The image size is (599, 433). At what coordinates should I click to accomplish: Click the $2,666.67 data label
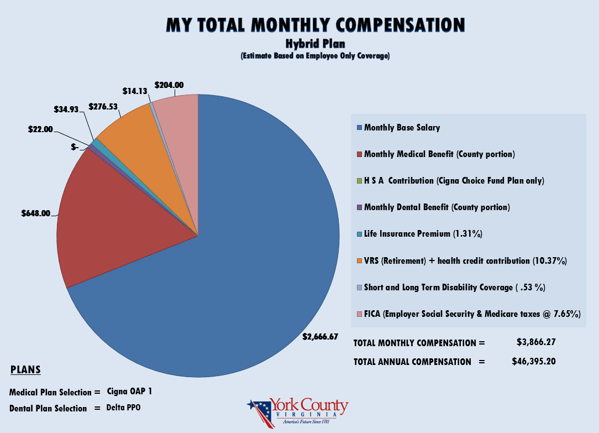[x=320, y=336]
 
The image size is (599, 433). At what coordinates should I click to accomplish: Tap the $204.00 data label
[x=169, y=85]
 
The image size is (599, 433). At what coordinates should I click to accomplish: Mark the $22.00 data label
[x=41, y=129]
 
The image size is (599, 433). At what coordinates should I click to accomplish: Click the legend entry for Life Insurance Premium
[x=423, y=234]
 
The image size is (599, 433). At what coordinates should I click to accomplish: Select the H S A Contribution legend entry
[x=453, y=181]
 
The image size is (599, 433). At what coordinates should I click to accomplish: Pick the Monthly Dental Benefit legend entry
[x=437, y=207]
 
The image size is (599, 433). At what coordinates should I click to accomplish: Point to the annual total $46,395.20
[x=534, y=361]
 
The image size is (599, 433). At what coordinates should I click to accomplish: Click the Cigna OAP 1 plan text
[x=129, y=392]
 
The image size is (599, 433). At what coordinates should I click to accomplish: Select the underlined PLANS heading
[x=25, y=369]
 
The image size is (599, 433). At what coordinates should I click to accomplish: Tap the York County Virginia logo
[x=298, y=413]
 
